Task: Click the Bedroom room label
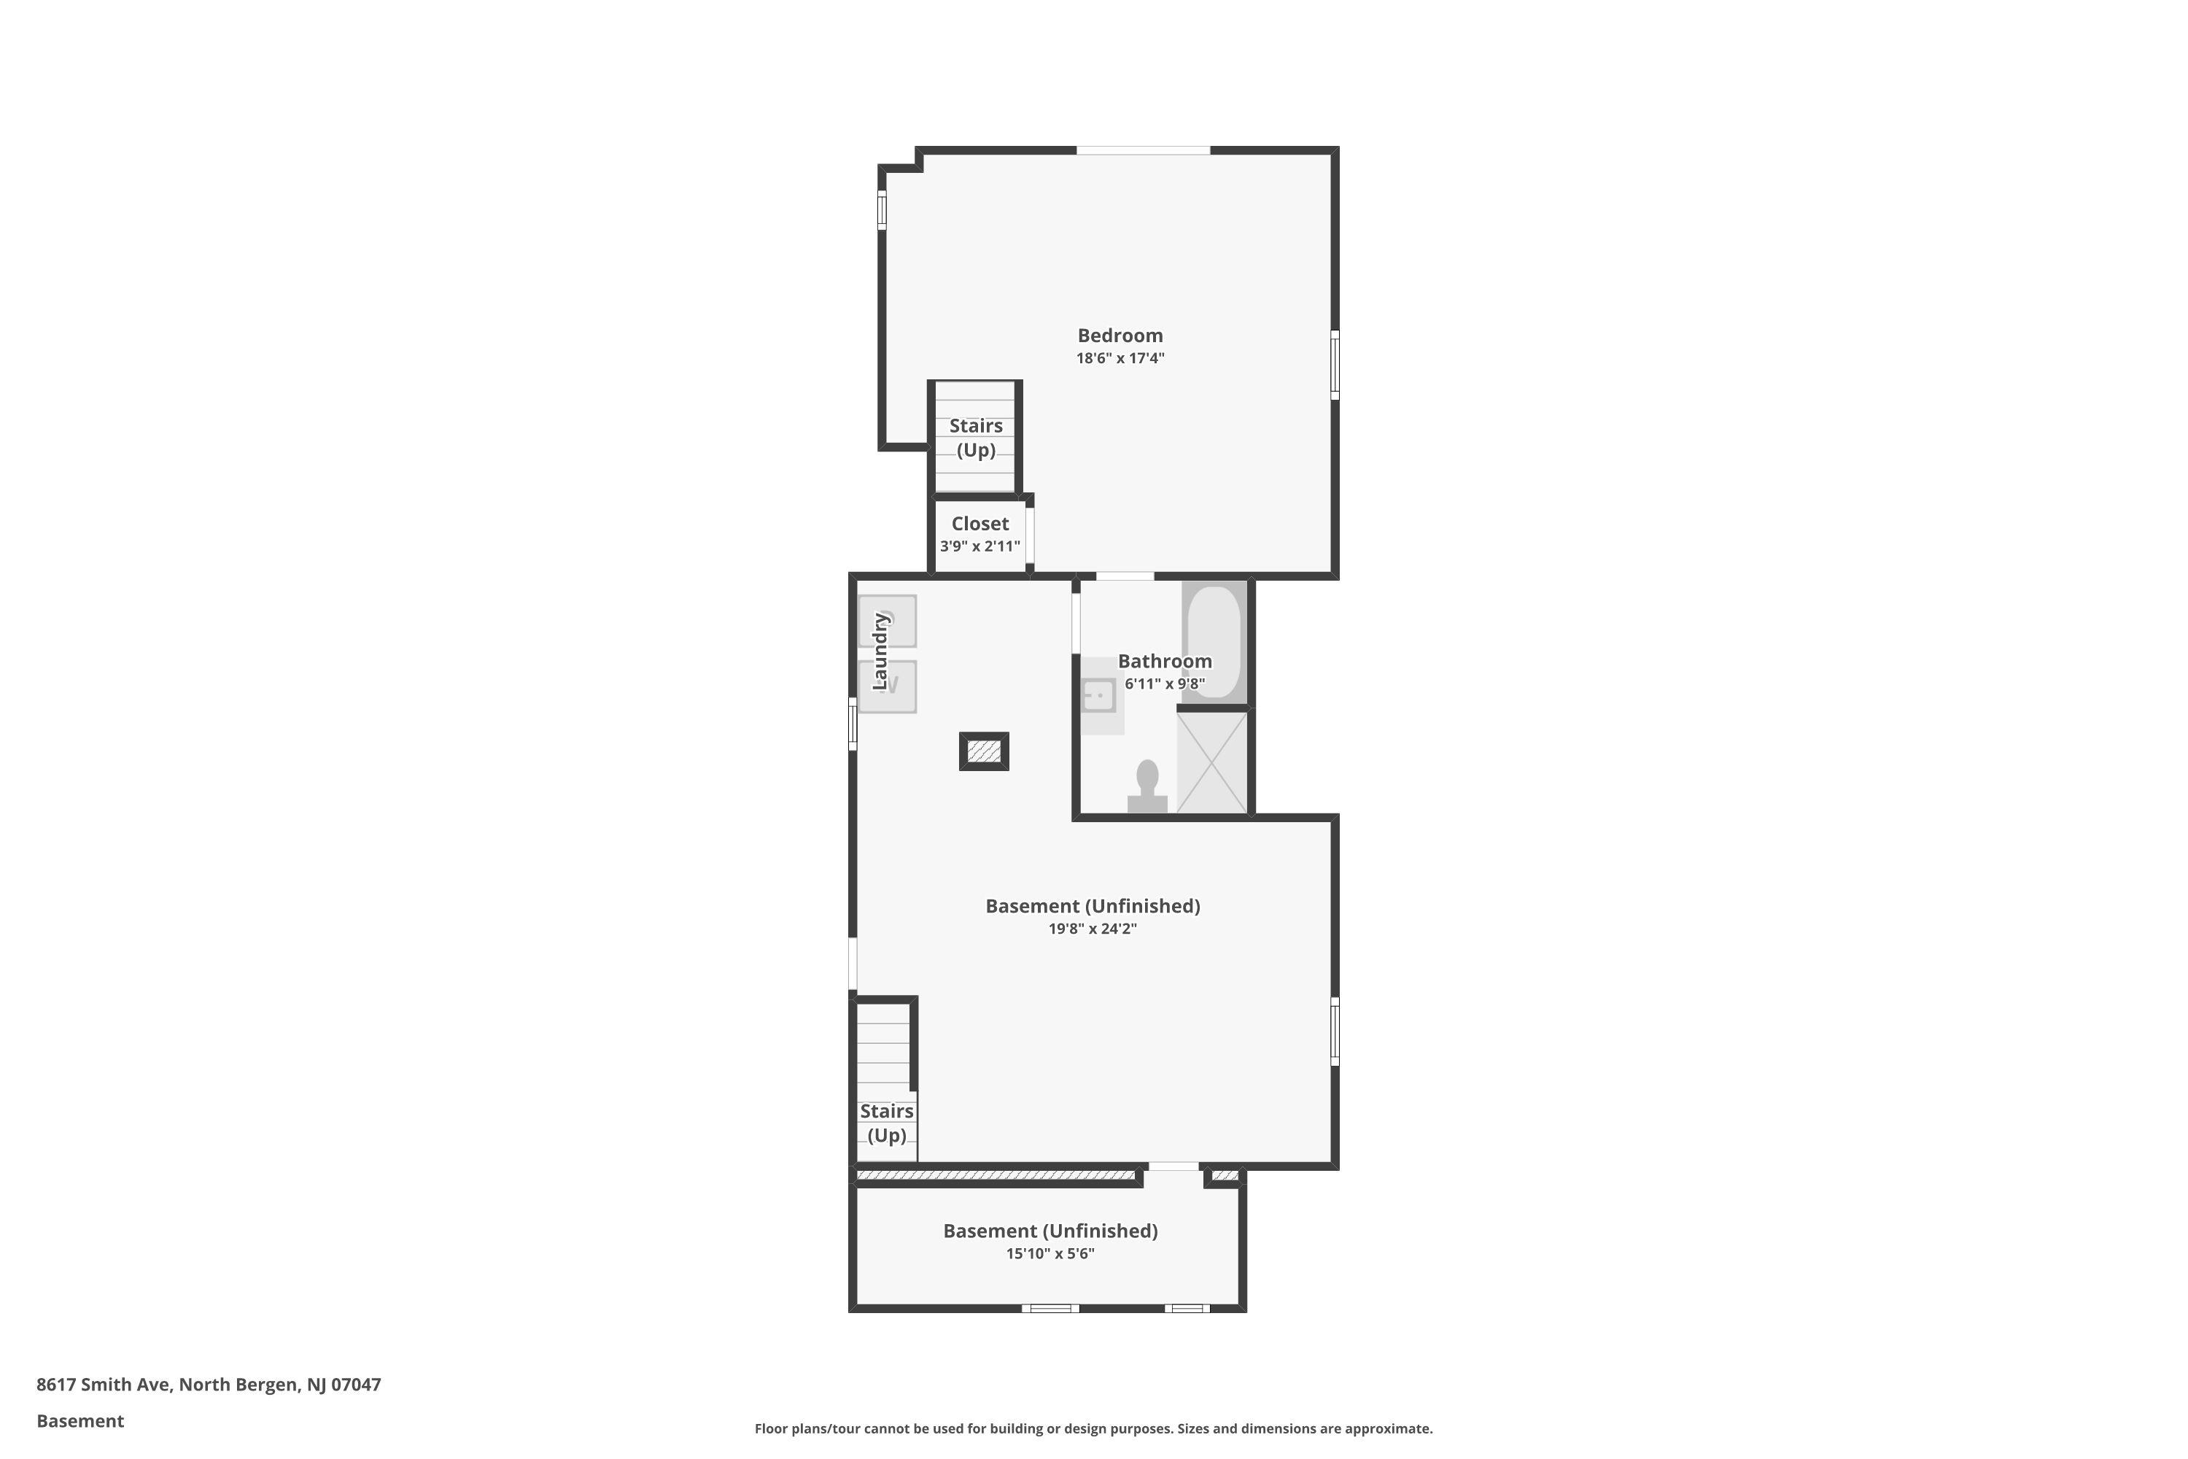click(x=1120, y=336)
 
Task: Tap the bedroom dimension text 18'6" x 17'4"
click(x=1120, y=358)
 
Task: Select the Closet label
click(x=979, y=524)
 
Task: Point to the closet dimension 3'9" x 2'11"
click(x=979, y=546)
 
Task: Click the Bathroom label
click(x=1165, y=661)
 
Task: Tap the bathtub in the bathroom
click(x=1214, y=643)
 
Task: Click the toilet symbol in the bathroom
click(x=1147, y=787)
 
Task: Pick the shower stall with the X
click(x=1211, y=763)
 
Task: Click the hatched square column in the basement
click(x=984, y=751)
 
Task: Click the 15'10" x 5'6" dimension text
click(x=1050, y=1253)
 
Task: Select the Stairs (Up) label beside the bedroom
click(x=976, y=437)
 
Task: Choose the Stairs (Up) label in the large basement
click(x=887, y=1123)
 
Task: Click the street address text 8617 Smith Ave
click(x=104, y=1385)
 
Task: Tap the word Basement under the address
click(x=80, y=1421)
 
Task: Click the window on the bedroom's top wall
click(x=1144, y=150)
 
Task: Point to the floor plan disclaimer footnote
click(x=1093, y=1428)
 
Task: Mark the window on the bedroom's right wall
click(x=1335, y=365)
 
